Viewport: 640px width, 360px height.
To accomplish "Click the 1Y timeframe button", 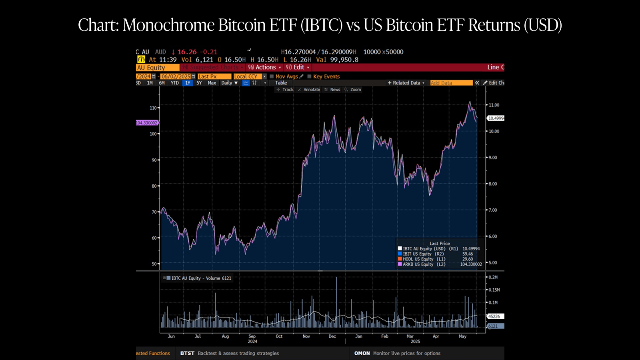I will click(188, 83).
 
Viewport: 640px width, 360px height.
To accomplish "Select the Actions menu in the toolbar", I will click(264, 67).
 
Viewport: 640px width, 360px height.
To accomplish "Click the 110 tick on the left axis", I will click(153, 108).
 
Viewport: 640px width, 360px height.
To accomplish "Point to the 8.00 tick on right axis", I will click(494, 184).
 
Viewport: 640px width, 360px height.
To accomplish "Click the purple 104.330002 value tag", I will click(147, 123).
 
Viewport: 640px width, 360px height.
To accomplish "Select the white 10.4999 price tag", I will click(496, 118).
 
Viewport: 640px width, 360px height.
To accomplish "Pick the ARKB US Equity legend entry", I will click(418, 264).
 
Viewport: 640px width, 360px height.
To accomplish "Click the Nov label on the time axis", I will click(306, 336).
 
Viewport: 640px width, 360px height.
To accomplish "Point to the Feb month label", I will click(385, 336).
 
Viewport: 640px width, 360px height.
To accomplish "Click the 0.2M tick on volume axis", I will click(493, 277).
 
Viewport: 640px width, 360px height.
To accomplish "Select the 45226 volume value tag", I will click(495, 316).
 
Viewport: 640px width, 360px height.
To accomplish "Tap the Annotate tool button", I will click(309, 90).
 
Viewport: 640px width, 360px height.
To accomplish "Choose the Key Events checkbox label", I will click(326, 76).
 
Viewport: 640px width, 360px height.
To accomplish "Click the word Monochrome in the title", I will click(169, 25).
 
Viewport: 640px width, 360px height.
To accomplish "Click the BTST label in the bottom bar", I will click(187, 353).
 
